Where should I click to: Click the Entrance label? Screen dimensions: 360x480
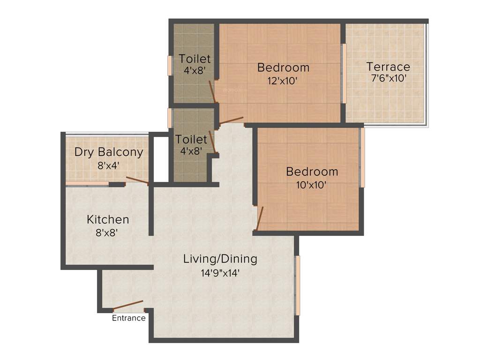(128, 318)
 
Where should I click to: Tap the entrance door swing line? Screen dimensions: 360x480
(128, 305)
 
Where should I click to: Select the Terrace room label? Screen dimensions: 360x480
(388, 67)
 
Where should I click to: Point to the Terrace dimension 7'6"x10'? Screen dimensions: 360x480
(388, 78)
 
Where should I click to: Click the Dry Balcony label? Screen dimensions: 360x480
(109, 152)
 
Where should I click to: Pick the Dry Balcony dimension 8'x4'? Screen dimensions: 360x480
(109, 165)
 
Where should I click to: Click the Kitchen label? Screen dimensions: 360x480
(108, 219)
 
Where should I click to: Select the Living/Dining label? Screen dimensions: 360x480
(220, 259)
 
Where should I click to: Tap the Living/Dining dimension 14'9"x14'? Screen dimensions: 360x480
(220, 272)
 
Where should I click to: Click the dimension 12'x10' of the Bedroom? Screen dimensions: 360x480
(283, 80)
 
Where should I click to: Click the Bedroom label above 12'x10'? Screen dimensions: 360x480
(283, 67)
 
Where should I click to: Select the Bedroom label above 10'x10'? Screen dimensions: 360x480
(312, 172)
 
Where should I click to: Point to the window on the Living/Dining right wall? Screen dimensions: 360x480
(297, 285)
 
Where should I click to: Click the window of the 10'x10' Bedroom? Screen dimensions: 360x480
(362, 157)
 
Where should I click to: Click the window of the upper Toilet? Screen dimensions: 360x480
(170, 65)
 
